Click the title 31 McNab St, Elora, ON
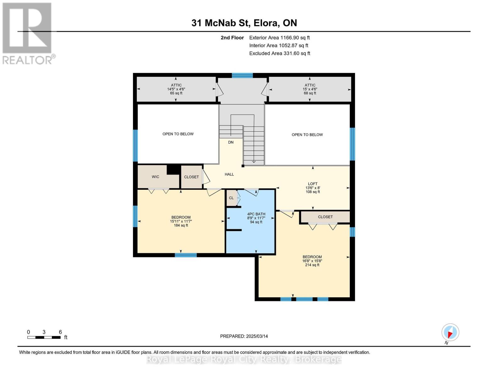pos(244,23)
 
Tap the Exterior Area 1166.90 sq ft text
pos(279,38)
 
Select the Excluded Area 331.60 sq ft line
pos(280,53)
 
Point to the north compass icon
pos(450,332)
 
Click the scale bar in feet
pos(44,337)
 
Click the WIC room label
pos(156,177)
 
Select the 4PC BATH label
pos(256,214)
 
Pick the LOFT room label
pos(313,184)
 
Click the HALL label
pos(229,174)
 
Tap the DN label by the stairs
pos(231,142)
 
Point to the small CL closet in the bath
pos(231,198)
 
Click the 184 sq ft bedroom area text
pos(181,225)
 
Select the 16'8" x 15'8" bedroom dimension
pos(312,261)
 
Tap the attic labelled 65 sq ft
pos(176,89)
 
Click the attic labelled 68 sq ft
pos(310,89)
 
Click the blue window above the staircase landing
pos(242,75)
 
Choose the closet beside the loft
pos(325,217)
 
